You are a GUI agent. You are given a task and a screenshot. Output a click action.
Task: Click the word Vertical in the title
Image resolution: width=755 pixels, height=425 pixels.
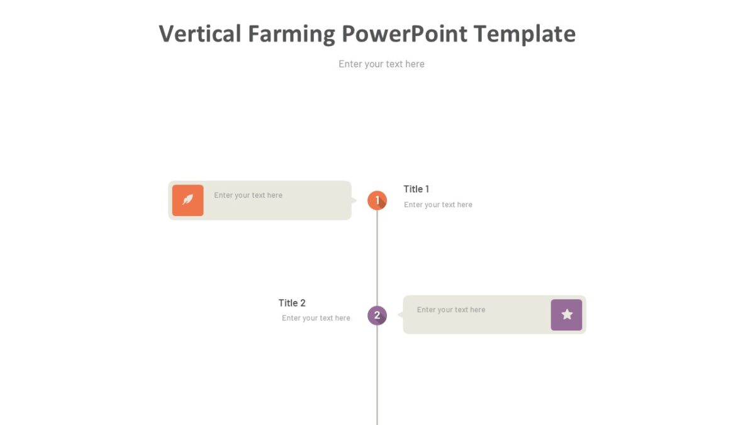point(199,33)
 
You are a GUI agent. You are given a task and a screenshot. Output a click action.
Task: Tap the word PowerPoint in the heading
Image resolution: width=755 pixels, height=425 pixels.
point(405,33)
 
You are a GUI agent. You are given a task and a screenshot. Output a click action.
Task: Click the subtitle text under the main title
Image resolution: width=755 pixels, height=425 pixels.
point(381,64)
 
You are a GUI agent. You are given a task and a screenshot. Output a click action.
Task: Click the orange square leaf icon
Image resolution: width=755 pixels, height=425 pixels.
point(187,200)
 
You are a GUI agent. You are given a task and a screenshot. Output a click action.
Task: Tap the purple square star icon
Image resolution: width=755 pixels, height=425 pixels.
point(566,315)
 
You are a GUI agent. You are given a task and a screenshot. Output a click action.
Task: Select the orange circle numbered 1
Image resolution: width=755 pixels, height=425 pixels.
point(377,201)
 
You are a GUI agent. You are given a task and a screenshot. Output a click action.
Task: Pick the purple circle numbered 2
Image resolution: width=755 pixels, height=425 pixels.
point(377,315)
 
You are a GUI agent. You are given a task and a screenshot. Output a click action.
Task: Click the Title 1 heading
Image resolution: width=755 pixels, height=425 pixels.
point(416,189)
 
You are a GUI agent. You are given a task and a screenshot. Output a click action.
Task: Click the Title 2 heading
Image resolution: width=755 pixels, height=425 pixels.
point(292,303)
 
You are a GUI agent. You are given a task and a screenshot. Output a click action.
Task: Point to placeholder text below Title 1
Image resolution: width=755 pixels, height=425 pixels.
point(438,205)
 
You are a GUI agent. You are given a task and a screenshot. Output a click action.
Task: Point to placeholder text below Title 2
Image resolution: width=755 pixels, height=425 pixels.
point(316,318)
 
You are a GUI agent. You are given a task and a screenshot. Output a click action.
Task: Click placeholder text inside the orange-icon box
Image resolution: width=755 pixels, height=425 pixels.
point(248,195)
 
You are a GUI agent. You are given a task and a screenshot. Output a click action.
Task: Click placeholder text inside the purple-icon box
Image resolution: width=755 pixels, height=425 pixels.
point(450,310)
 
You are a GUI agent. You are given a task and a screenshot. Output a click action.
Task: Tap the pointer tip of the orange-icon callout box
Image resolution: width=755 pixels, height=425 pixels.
point(355,201)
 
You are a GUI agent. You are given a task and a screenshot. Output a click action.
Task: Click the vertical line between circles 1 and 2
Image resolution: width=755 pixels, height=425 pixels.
point(377,258)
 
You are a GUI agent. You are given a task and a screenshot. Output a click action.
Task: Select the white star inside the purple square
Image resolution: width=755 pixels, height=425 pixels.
point(567,314)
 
